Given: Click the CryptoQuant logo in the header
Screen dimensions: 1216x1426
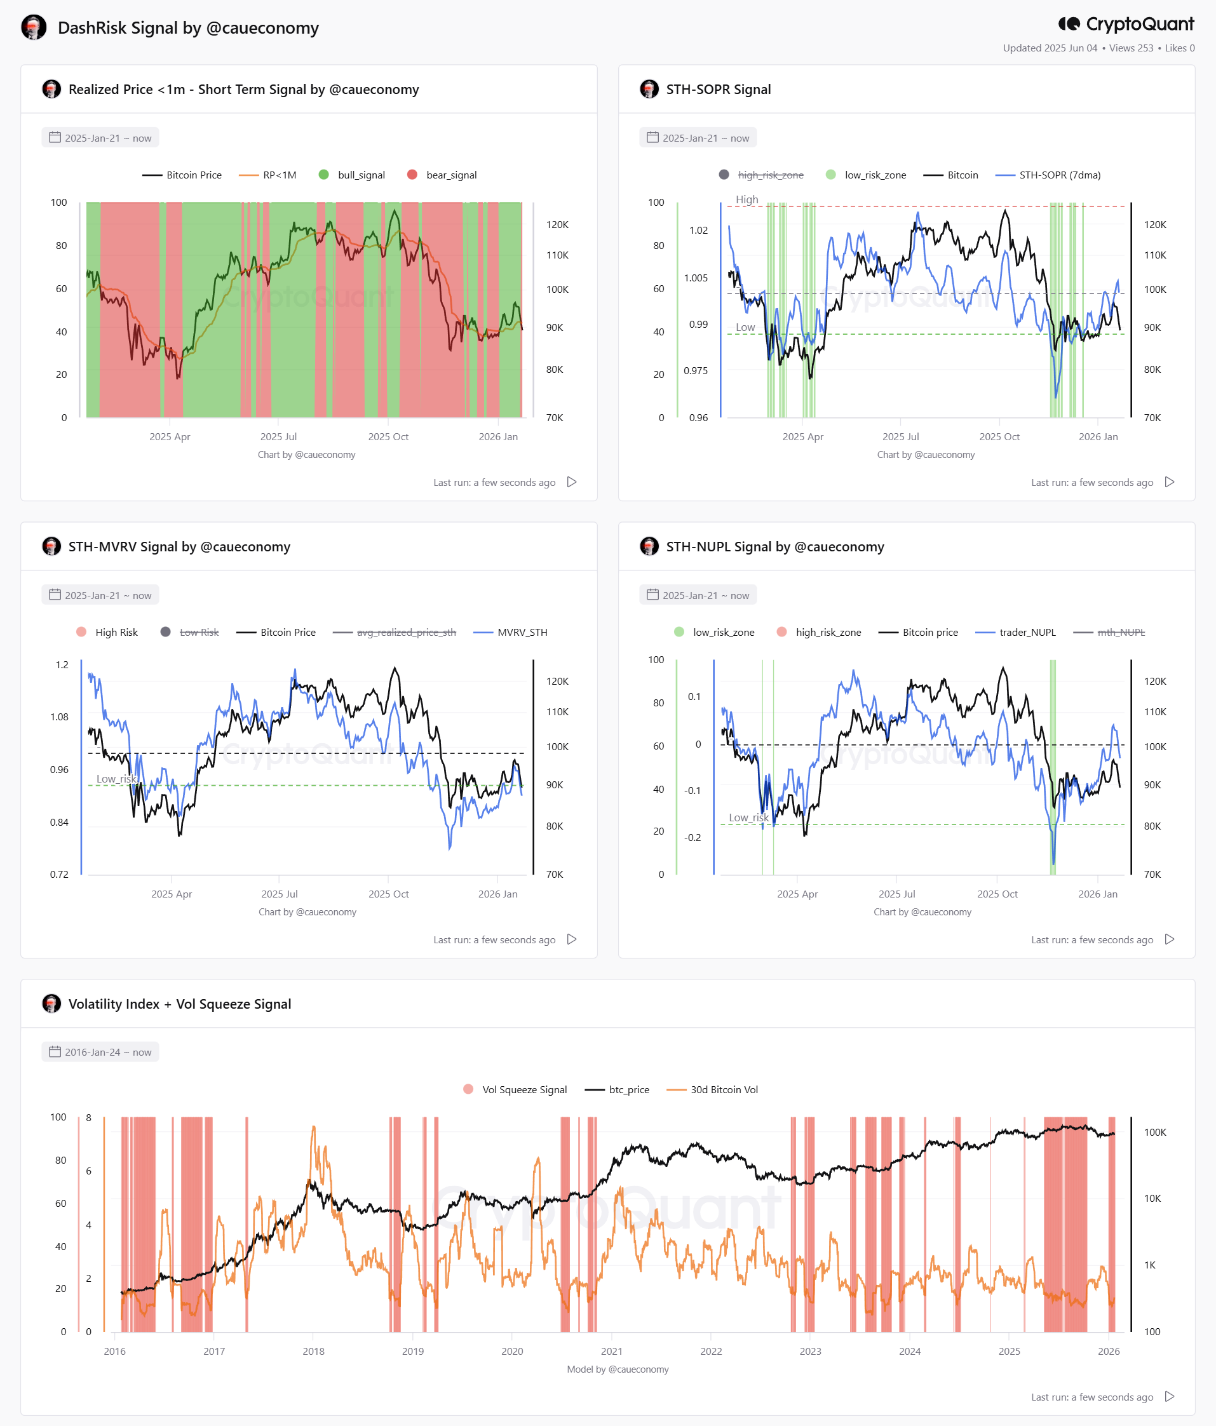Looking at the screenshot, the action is coord(1126,24).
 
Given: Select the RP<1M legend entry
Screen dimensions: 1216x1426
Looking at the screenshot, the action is coord(267,175).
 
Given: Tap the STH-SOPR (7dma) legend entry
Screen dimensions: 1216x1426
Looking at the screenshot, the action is coord(1048,175).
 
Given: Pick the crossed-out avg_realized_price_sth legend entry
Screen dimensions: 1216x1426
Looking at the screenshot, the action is coord(395,633).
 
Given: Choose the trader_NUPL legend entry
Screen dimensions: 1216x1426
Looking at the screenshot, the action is coord(1016,633).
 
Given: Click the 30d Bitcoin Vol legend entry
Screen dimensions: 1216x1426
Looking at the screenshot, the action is coord(712,1089).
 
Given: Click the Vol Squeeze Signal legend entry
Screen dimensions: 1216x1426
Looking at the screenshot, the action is coord(515,1089).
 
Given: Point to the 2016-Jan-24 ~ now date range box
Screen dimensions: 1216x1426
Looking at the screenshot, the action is coord(100,1052).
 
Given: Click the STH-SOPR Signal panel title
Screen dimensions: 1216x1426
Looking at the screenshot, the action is coord(719,90).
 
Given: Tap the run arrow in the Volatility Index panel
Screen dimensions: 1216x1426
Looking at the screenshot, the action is coord(1169,1396).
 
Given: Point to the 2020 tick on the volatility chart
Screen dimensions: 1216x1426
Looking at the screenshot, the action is coord(512,1351).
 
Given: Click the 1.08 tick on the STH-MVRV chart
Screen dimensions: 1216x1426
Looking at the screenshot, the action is coord(59,717).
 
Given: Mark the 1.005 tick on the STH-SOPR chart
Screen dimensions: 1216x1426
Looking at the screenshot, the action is coord(696,278).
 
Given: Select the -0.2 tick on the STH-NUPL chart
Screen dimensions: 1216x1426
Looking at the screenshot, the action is coord(692,838).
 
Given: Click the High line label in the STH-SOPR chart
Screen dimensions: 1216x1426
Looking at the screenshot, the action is coord(746,199).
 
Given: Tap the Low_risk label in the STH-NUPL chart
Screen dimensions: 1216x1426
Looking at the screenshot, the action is coord(749,817).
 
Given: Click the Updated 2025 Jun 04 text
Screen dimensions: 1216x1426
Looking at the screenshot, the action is coord(1050,48).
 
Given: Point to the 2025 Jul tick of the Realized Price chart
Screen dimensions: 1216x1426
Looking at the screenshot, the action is coord(279,437).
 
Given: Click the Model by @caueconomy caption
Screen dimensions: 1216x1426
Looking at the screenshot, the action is coord(618,1369).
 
